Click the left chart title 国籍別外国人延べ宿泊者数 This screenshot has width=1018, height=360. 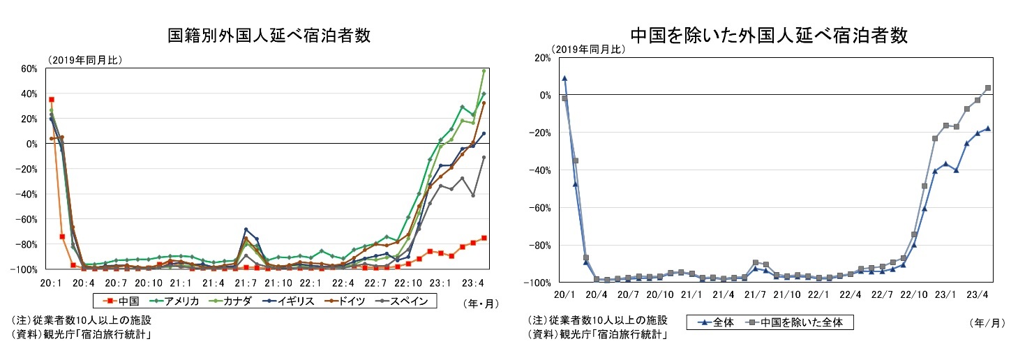coord(269,35)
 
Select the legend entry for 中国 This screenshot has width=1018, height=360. coord(122,301)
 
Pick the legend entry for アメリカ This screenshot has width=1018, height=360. coord(175,301)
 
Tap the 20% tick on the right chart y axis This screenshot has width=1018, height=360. coord(541,57)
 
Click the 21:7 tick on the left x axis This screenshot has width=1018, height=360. coord(246,283)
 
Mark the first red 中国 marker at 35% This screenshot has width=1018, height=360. coord(52,100)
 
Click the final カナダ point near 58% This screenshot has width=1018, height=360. coord(484,70)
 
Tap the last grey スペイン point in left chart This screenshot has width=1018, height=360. coord(484,158)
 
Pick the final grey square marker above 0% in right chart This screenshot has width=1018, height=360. coord(988,88)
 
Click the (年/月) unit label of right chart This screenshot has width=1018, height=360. coord(987,322)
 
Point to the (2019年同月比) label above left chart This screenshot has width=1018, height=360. coord(85,60)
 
